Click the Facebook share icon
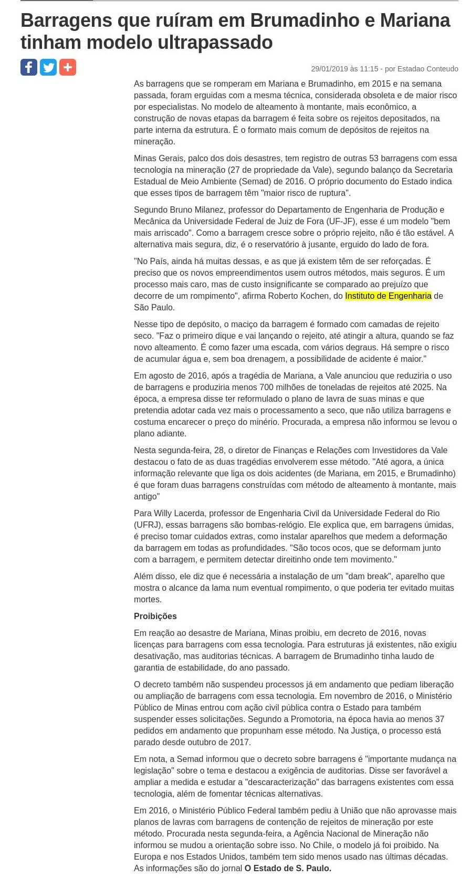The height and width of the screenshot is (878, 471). tap(29, 67)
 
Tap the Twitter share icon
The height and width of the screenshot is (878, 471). tap(48, 67)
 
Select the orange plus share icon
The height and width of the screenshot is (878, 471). tap(67, 67)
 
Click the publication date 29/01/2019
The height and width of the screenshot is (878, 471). tap(329, 69)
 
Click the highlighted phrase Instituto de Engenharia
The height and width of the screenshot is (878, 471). tap(388, 296)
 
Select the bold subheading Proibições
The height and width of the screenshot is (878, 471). tap(155, 616)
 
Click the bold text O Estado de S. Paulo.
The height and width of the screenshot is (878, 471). tap(288, 869)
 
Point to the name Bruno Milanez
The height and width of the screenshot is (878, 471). tap(198, 210)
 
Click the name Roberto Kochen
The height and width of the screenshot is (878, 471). tap(298, 296)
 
